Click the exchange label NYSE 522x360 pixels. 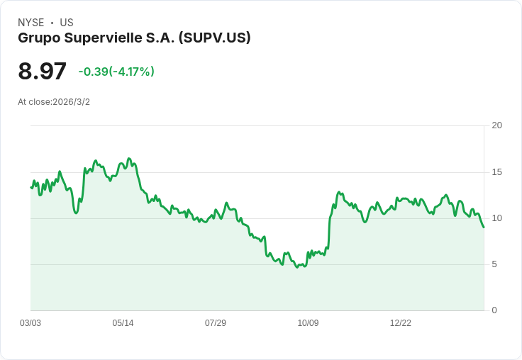click(31, 23)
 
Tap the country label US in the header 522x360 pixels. click(67, 23)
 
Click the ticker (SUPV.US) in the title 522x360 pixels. click(215, 38)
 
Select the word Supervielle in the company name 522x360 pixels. click(101, 38)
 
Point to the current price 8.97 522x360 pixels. click(42, 71)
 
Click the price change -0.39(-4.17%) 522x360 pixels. click(116, 72)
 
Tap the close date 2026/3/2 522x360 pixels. click(71, 102)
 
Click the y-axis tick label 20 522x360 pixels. click(496, 125)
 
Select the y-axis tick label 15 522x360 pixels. click(496, 172)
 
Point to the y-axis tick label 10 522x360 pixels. click(496, 218)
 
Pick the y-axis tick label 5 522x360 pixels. click(494, 264)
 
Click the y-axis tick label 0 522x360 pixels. click(494, 310)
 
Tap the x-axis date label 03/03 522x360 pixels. click(30, 323)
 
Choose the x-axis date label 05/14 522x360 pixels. click(123, 323)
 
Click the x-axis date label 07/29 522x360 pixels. click(216, 323)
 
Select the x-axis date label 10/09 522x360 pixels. click(308, 323)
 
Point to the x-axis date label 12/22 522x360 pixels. click(400, 323)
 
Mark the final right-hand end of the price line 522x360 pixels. click(484, 227)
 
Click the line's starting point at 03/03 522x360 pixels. click(30, 188)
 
